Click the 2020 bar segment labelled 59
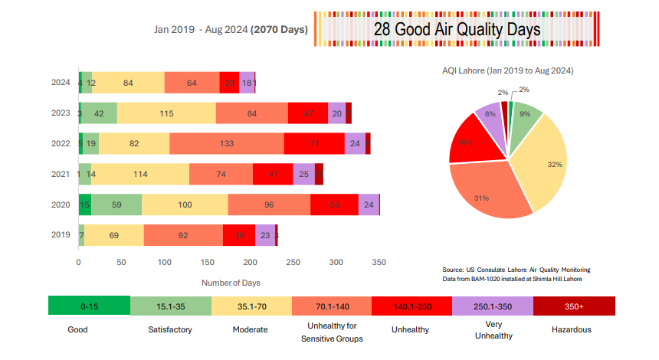(116, 205)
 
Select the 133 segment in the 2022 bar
(226, 143)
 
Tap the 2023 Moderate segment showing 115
(166, 113)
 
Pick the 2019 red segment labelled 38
(239, 235)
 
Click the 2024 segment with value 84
(128, 82)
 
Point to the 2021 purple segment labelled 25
(303, 174)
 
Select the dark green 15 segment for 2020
(85, 205)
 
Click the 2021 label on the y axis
(61, 174)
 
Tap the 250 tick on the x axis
(293, 262)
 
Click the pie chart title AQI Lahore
(508, 70)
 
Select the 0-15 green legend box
(88, 305)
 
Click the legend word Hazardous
(571, 329)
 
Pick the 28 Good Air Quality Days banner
(457, 29)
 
